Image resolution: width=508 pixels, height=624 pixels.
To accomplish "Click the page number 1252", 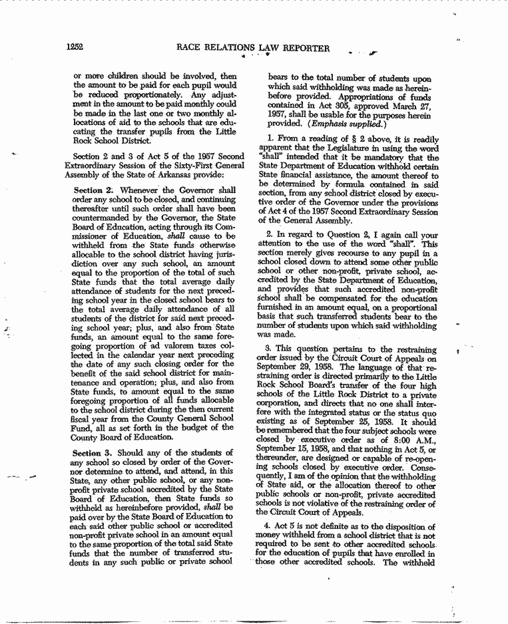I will tap(74, 47).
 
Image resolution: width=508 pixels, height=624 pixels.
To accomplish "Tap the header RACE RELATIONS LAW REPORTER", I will tap(252, 48).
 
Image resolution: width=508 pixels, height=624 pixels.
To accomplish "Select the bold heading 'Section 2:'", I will tap(93, 190).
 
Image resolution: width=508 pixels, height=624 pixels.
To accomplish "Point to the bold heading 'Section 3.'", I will tap(93, 453).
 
